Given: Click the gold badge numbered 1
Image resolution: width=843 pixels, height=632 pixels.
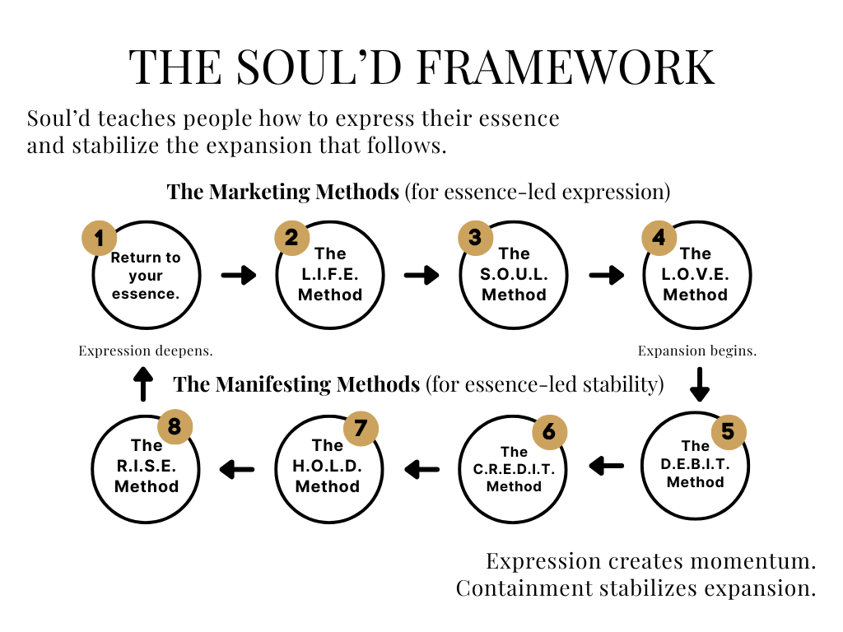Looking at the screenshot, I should click(x=99, y=239).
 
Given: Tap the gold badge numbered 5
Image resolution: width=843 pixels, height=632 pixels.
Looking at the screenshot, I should click(x=728, y=430).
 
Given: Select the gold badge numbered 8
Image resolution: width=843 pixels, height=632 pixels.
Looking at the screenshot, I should click(x=174, y=427).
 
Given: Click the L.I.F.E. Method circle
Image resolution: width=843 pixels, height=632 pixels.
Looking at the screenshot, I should click(x=330, y=275).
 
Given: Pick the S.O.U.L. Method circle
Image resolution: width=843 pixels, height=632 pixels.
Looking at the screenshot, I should click(x=514, y=275).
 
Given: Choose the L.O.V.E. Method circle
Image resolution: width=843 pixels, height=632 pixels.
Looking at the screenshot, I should click(x=696, y=275).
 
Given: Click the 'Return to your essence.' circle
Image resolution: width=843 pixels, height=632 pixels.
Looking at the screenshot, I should click(x=146, y=275).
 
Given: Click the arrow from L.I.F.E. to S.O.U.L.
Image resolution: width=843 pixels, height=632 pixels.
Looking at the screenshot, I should click(x=421, y=275).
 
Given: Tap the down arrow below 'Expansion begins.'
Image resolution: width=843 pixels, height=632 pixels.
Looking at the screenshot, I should click(x=699, y=384).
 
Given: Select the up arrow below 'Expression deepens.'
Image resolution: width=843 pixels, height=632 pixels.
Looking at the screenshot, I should click(x=143, y=384).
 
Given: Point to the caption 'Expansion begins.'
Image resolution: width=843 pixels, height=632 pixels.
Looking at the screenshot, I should click(x=697, y=351).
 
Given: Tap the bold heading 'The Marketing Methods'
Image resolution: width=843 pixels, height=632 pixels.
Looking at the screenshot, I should click(x=284, y=193).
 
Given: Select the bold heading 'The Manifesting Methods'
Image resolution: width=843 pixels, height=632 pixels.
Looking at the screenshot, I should click(x=297, y=384).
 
